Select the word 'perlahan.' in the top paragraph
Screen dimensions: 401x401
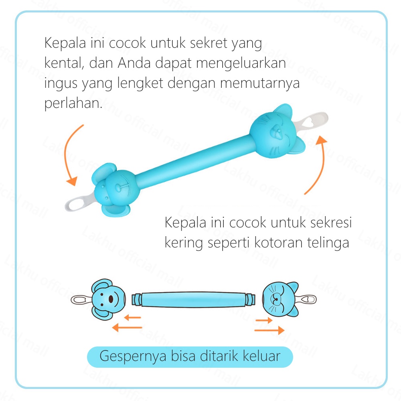coord(73,103)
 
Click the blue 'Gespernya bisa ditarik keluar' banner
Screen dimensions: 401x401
coord(190,356)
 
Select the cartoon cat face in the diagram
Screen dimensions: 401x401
coord(279,298)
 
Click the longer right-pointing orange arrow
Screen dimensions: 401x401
coord(269,330)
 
